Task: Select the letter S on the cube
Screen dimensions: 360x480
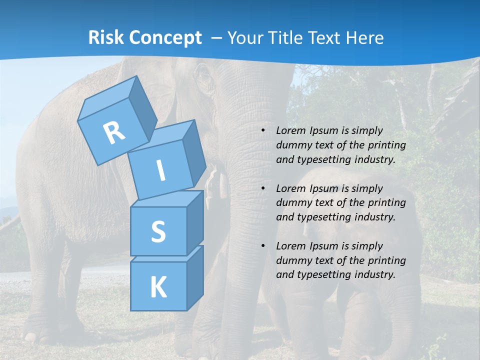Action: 158,232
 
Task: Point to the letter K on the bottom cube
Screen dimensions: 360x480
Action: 158,287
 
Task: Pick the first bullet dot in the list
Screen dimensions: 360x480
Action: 263,131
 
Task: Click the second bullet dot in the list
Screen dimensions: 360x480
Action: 263,188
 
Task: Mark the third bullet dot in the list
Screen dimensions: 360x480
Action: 263,246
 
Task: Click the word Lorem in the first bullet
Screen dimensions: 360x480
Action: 290,130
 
